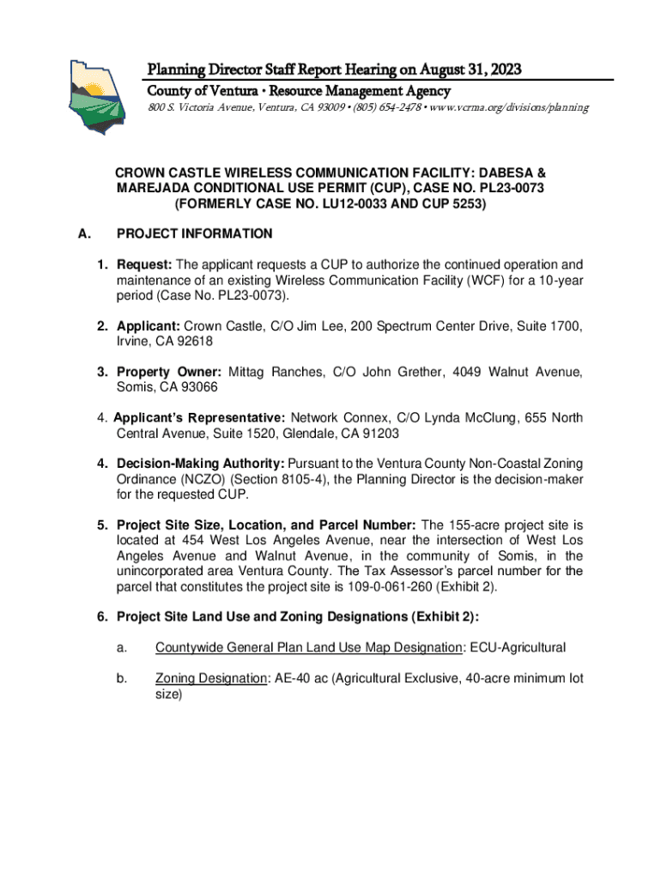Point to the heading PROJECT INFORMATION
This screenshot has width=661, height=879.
click(195, 233)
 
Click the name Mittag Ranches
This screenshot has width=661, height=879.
click(267, 372)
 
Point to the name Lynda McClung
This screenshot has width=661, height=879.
click(487, 418)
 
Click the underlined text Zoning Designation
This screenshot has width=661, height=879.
click(210, 678)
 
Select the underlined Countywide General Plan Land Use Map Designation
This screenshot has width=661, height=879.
click(306, 647)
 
